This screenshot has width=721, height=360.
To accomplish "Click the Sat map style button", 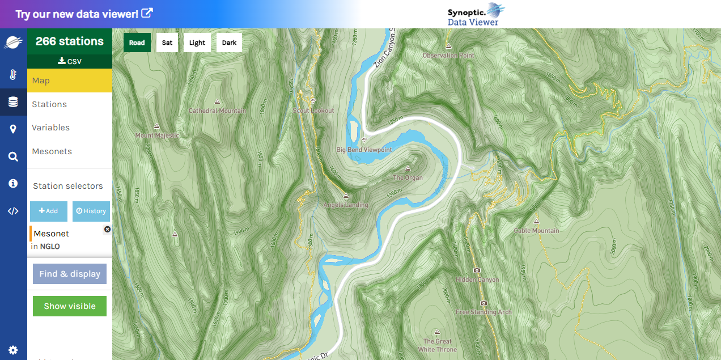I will point(167,43).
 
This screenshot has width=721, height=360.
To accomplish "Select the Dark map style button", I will point(229,43).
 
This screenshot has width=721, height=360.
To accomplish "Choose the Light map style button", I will point(197,43).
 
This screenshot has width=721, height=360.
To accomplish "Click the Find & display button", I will point(70,274).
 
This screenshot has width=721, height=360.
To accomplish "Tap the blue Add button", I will point(48,211).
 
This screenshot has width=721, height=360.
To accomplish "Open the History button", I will point(91,211).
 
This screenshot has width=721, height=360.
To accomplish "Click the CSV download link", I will point(70,61).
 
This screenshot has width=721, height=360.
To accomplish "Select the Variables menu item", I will point(51,128).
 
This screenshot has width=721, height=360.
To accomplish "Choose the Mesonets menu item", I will point(52,151).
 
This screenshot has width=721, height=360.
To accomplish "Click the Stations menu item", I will point(49,104).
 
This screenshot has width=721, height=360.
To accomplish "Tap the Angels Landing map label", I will point(346,205).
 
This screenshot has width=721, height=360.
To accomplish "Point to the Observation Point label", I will point(448,56).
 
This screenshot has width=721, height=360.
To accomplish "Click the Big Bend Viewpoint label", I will point(364,150).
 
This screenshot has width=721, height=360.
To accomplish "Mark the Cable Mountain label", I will point(536,231).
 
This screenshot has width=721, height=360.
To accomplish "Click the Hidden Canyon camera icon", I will point(477,270).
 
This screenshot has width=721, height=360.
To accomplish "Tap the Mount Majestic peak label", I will point(157,135).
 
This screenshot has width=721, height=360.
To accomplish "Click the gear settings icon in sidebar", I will point(13,350).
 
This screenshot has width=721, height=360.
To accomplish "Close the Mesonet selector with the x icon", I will point(107,229).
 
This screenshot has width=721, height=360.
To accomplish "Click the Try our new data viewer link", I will point(84,14).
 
